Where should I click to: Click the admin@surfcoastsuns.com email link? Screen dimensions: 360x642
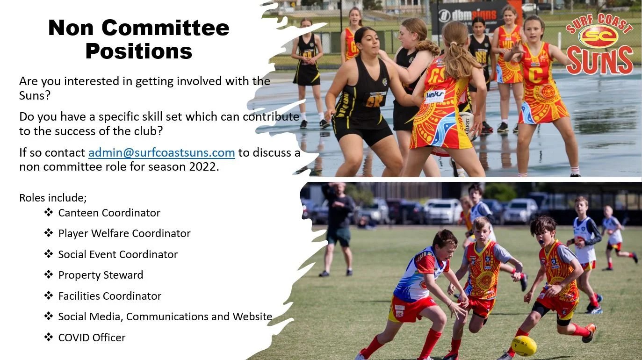tap(161, 153)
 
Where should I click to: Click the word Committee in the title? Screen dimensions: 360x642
tap(166, 28)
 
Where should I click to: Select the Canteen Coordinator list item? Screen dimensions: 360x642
tap(109, 213)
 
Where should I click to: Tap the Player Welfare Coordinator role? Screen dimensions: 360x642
tap(124, 233)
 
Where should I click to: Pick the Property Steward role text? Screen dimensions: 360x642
tap(101, 275)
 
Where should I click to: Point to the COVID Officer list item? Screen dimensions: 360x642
tap(92, 337)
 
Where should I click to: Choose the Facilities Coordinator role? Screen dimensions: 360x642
tap(109, 296)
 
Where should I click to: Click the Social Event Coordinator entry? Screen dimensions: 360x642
tap(118, 254)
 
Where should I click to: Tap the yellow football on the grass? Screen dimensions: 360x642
tap(523, 346)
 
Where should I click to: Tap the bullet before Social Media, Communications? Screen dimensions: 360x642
tap(49, 317)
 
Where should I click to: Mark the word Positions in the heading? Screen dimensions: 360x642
tap(138, 50)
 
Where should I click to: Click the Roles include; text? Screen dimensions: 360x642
tap(53, 197)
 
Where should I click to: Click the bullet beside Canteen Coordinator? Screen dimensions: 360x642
tap(49, 213)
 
